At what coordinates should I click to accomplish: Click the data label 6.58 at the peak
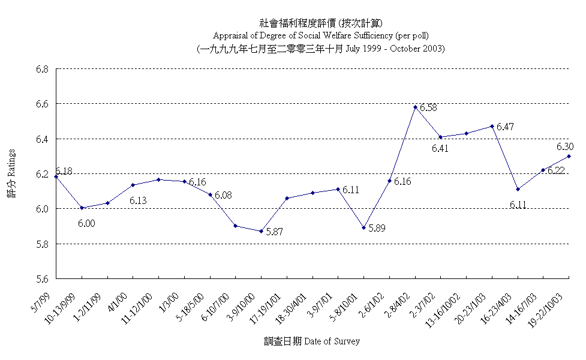[x=428, y=108]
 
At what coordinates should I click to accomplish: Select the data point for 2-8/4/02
[x=415, y=107]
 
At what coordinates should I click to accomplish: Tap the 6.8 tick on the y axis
[x=41, y=69]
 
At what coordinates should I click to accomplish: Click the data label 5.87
[x=274, y=231]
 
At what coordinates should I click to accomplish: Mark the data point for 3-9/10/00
[x=261, y=231]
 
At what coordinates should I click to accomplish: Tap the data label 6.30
[x=565, y=146]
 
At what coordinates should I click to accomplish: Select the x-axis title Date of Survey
[x=332, y=341]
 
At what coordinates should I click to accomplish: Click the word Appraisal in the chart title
[x=232, y=35]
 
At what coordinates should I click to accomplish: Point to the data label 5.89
[x=377, y=229]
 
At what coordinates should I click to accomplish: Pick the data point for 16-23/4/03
[x=518, y=189]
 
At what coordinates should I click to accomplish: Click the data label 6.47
[x=505, y=127]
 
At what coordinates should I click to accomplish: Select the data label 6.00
[x=86, y=224]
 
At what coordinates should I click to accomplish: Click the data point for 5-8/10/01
[x=363, y=227]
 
